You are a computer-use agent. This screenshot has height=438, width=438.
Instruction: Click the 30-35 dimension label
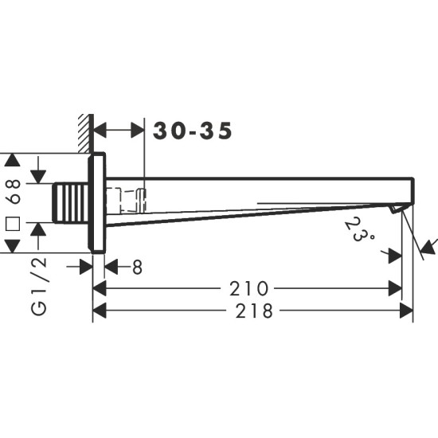pyautogui.click(x=194, y=131)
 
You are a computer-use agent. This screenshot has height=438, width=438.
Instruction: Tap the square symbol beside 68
pyautogui.click(x=13, y=224)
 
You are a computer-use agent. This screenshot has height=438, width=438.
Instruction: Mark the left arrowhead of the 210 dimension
pyautogui.click(x=100, y=288)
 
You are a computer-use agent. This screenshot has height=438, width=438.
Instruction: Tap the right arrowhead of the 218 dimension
pyautogui.click(x=407, y=311)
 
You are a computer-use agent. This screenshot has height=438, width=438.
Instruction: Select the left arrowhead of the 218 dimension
pyautogui.click(x=100, y=311)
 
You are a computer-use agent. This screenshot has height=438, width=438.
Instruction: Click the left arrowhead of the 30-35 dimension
pyautogui.click(x=100, y=131)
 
